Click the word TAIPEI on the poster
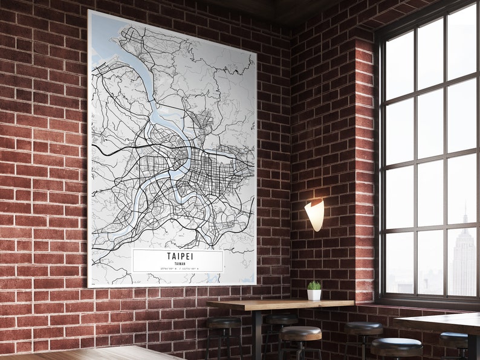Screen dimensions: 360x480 (178, 256)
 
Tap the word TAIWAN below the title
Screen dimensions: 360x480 (178, 263)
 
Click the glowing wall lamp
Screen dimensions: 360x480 (315, 214)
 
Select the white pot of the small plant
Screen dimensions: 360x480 (314, 295)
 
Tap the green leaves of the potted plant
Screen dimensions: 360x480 (314, 285)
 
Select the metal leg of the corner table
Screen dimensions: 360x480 (258, 335)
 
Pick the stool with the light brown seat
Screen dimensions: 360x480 (300, 333)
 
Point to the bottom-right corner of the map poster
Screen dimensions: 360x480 (255, 284)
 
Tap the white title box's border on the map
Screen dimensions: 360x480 (133, 261)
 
